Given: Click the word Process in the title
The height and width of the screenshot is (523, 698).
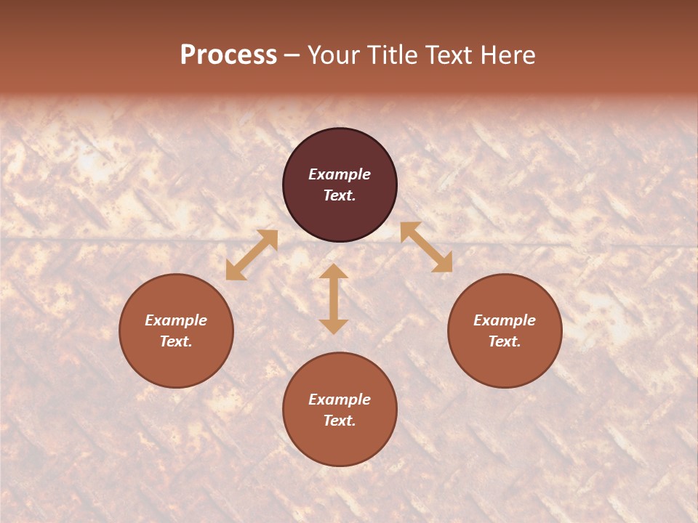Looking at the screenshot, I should (x=228, y=55).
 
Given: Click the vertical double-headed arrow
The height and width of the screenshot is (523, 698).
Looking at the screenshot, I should (x=334, y=299).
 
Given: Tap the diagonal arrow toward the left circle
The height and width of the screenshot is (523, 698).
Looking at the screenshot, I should (x=252, y=255).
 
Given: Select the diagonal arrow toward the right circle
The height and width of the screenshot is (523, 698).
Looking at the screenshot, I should (x=426, y=247).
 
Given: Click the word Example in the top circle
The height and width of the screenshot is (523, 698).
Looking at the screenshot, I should (x=340, y=174).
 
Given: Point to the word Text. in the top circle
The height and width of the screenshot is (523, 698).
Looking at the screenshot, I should (x=340, y=195).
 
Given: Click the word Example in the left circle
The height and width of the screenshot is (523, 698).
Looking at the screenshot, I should (x=176, y=320).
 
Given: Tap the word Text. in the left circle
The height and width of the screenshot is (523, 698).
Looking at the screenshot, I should (x=176, y=341).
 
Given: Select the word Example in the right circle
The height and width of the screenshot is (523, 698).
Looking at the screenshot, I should (x=505, y=320).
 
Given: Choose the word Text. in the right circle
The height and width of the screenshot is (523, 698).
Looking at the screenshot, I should (x=505, y=341).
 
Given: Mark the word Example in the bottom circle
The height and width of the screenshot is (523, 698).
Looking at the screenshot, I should (x=340, y=400).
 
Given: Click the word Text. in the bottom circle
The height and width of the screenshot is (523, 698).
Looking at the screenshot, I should (x=340, y=421).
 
